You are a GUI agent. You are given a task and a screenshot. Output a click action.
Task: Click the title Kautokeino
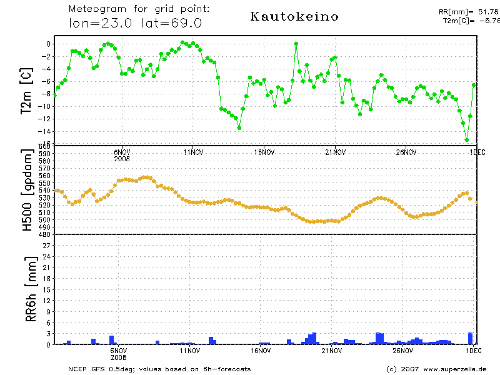coord(294,17)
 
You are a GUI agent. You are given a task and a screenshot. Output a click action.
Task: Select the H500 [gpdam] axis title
coord(27,191)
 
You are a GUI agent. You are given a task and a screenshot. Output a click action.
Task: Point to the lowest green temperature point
coord(466,140)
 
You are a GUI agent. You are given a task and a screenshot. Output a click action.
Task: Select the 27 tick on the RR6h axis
coord(46,246)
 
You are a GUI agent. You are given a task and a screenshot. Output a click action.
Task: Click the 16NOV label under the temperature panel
coord(264,152)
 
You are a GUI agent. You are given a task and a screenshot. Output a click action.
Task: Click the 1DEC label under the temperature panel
coord(477,152)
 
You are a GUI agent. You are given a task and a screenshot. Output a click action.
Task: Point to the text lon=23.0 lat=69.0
coord(135,24)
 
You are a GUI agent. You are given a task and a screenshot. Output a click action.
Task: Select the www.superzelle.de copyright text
coord(436,369)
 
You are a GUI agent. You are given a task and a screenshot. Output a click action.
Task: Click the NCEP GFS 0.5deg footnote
coord(159,369)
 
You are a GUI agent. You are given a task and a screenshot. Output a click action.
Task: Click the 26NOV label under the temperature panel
coord(406,152)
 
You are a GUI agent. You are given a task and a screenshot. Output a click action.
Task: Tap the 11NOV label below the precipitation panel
coord(192,351)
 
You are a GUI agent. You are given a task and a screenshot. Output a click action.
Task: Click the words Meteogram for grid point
coord(139,9)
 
